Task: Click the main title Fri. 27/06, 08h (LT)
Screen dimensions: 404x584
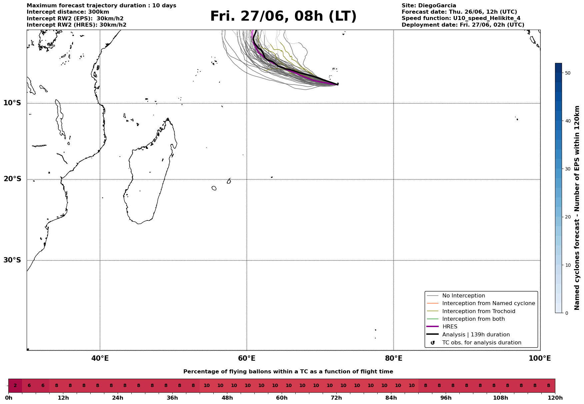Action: [x=283, y=16]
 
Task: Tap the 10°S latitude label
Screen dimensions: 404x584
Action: [x=12, y=103]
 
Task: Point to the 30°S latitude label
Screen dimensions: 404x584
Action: [x=12, y=260]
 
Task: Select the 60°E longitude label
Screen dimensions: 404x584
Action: [x=247, y=358]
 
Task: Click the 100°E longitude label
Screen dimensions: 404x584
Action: [x=540, y=358]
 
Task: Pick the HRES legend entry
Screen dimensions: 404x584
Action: [x=450, y=327]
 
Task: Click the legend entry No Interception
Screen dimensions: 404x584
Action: [x=463, y=296]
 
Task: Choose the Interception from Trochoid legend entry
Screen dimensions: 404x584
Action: [x=478, y=311]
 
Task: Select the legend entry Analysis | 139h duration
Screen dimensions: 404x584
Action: [x=476, y=335]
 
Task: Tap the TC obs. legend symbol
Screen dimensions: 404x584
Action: [x=433, y=343]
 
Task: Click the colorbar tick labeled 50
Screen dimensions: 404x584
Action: [x=568, y=73]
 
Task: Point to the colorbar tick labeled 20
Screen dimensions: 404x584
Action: [x=568, y=217]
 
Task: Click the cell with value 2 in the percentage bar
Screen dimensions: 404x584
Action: [x=15, y=386]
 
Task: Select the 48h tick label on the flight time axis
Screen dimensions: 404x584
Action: [x=227, y=398]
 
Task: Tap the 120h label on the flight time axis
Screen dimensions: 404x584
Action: [x=555, y=398]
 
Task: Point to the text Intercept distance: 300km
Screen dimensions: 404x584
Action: [x=68, y=12]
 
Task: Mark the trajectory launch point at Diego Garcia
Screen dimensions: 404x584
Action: [x=338, y=84]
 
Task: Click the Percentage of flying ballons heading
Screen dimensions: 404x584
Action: [x=288, y=372]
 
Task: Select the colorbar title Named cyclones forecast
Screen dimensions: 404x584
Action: [x=577, y=208]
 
